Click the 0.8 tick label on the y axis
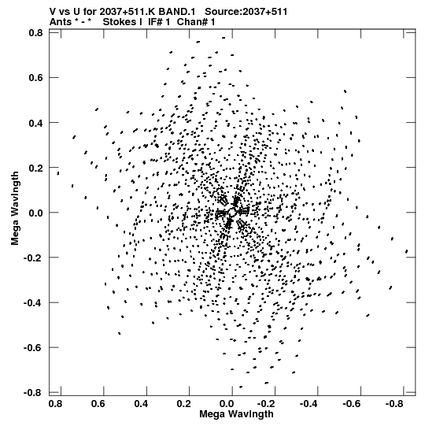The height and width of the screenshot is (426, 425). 36,33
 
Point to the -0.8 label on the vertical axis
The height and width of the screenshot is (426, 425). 33,393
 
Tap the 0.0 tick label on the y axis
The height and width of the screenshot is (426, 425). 36,213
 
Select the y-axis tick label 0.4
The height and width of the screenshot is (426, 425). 36,123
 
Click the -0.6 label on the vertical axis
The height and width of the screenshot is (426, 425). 33,347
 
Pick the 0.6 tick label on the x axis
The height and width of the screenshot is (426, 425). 98,404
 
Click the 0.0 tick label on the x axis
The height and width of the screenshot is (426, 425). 227,404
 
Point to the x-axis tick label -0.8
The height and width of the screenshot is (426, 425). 395,404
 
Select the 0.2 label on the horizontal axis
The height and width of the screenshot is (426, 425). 184,404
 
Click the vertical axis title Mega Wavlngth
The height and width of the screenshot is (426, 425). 15,209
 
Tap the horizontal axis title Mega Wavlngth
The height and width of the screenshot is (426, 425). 237,414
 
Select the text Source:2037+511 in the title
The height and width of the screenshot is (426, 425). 246,12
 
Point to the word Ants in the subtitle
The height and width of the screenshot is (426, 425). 61,22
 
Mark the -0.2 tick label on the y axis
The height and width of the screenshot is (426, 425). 33,257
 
